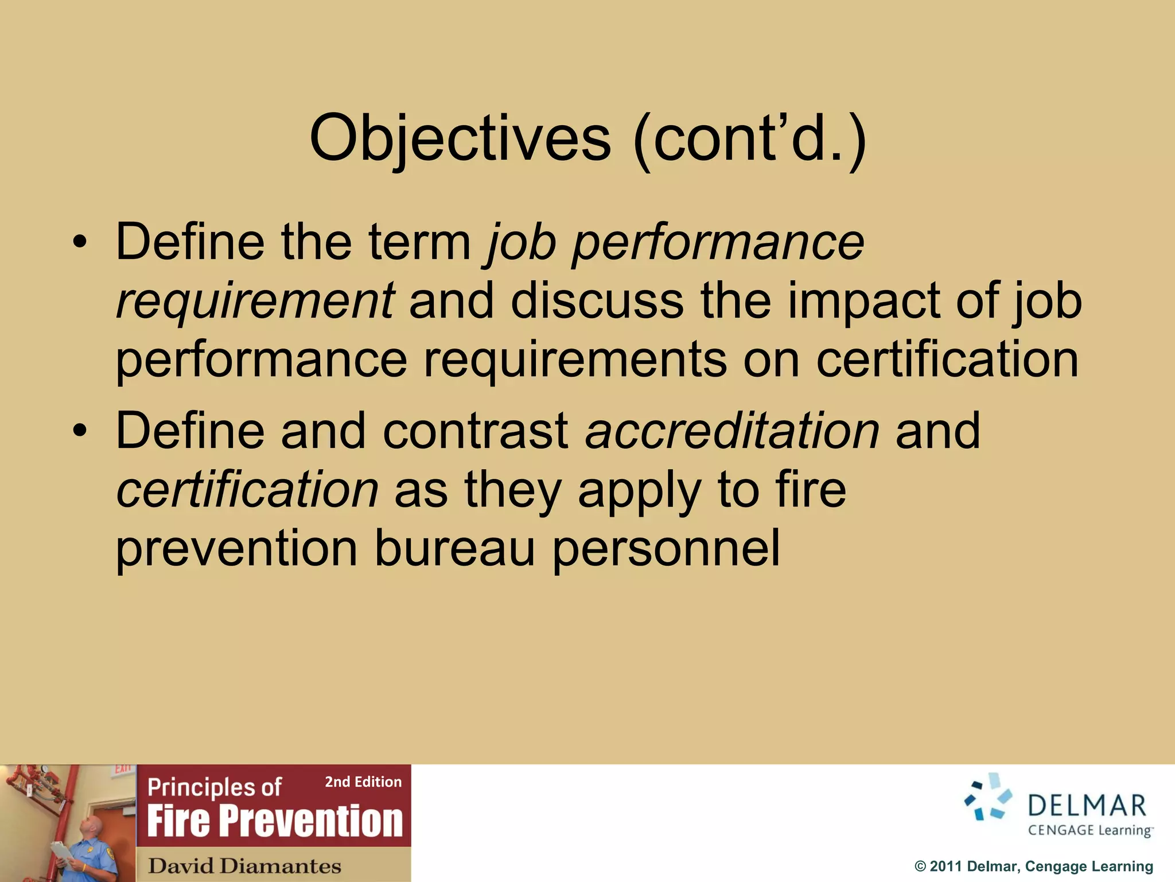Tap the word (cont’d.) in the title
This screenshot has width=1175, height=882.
click(x=749, y=140)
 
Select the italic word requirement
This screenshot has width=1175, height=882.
click(x=255, y=301)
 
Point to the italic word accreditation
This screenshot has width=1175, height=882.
click(x=732, y=431)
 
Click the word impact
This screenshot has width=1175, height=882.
click(x=862, y=301)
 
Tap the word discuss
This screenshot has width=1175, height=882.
click(x=597, y=301)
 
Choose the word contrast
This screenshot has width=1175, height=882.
click(x=475, y=431)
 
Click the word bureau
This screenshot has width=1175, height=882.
click(x=454, y=548)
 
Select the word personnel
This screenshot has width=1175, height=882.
click(x=666, y=548)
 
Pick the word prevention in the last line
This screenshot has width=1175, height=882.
click(x=236, y=548)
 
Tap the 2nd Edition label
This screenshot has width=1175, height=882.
click(x=363, y=782)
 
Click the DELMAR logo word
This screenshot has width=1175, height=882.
click(x=1087, y=806)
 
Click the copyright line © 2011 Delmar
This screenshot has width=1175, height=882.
click(x=1033, y=866)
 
